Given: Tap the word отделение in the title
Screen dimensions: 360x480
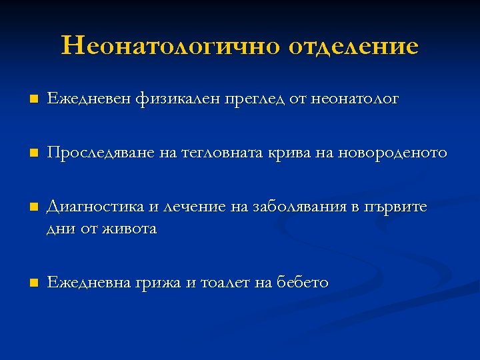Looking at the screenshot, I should tap(354, 46).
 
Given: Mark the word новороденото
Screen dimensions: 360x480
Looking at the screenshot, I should tap(393, 153).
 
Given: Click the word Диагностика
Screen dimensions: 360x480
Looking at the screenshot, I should tap(94, 207).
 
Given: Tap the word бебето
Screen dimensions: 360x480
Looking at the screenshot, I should tap(301, 282).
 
